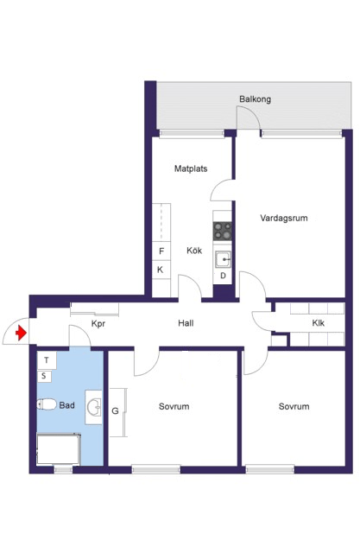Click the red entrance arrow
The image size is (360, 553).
(21, 333)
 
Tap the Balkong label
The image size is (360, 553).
(255, 99)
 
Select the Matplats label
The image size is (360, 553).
(191, 168)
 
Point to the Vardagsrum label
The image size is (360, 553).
(284, 218)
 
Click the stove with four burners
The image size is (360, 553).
(222, 232)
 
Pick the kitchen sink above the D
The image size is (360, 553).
(223, 259)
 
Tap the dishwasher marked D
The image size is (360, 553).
(223, 276)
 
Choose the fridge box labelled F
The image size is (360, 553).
(161, 251)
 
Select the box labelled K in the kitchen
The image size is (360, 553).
(161, 270)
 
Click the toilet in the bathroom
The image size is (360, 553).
(47, 404)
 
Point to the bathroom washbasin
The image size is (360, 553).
(94, 407)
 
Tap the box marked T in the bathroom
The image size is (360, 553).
(47, 360)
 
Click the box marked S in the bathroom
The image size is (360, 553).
(44, 376)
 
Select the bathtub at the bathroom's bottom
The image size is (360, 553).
(59, 449)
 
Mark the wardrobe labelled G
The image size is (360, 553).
(117, 413)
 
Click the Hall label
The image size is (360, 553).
(186, 323)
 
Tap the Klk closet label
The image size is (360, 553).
(318, 323)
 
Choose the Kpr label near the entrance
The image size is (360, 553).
(98, 324)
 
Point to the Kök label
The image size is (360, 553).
(194, 251)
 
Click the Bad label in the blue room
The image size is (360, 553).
(67, 405)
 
